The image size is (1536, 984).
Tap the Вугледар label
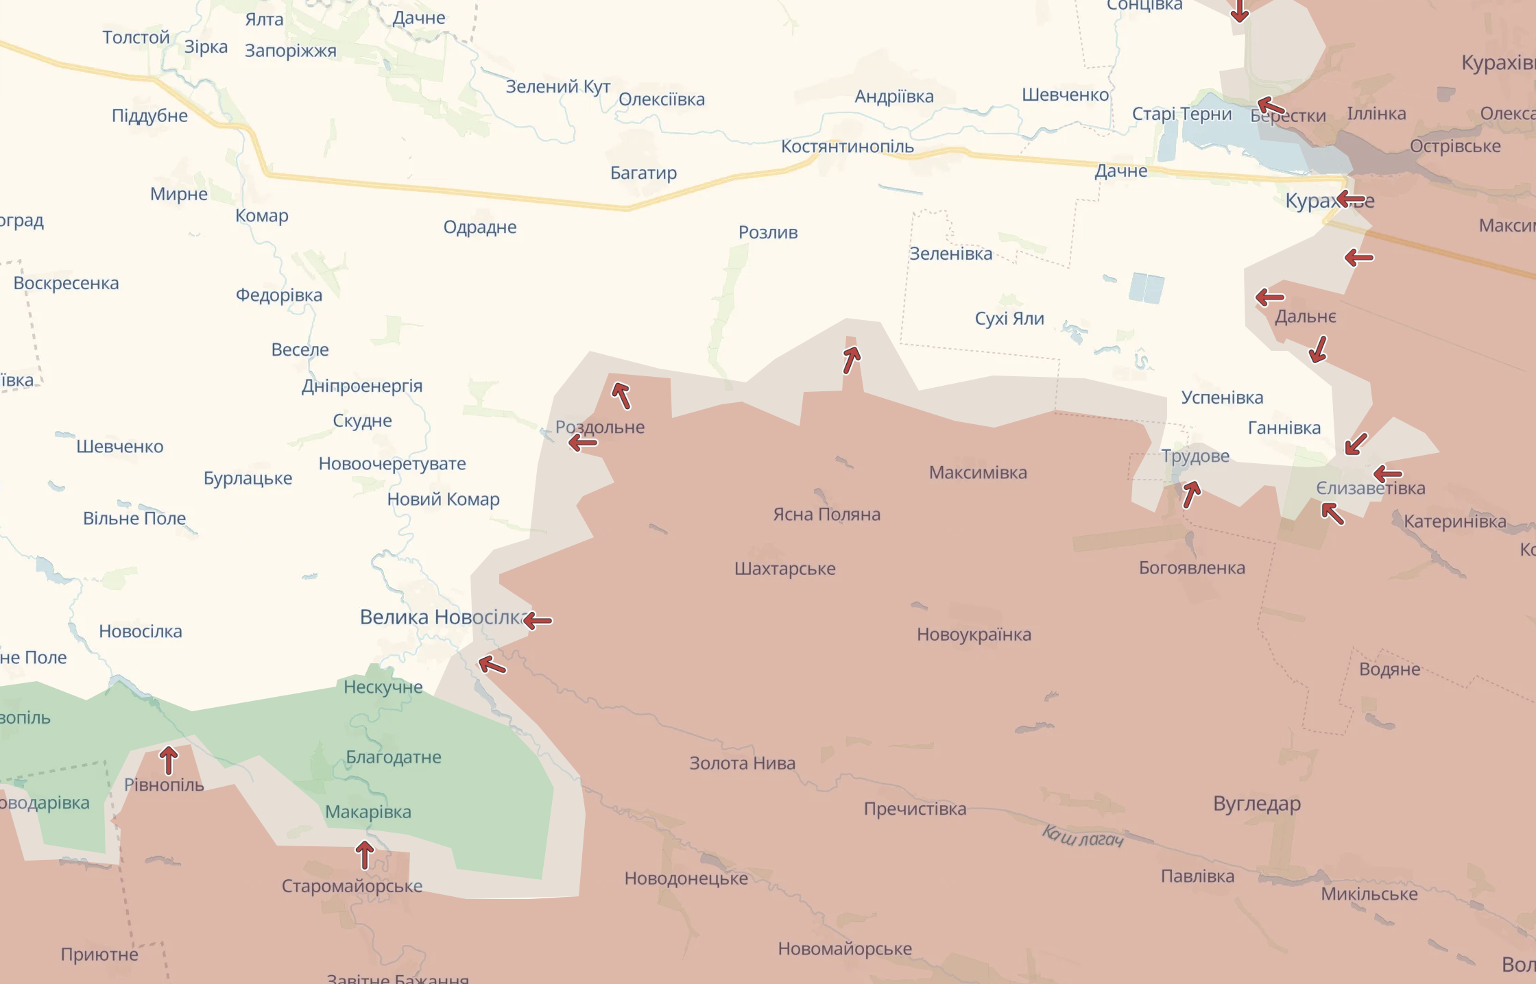(1256, 803)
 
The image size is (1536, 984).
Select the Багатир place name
(643, 173)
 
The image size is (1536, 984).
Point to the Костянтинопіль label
(847, 147)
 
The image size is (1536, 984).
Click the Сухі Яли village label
(1009, 319)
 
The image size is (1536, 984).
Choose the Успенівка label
(1221, 397)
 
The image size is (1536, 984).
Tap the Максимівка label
(977, 473)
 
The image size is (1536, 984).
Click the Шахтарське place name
(784, 569)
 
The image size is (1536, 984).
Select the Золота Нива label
(742, 763)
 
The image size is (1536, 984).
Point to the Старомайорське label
(352, 886)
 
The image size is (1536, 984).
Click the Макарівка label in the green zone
(368, 812)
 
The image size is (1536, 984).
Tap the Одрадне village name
(480, 227)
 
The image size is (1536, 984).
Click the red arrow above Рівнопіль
(169, 760)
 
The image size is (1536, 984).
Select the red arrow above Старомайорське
(365, 855)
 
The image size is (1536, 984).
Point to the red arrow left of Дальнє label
(1270, 297)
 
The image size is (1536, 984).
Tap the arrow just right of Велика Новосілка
(538, 621)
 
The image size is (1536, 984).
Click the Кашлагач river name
(1083, 837)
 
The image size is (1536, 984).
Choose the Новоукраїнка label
(974, 635)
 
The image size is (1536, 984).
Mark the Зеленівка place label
(950, 254)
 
